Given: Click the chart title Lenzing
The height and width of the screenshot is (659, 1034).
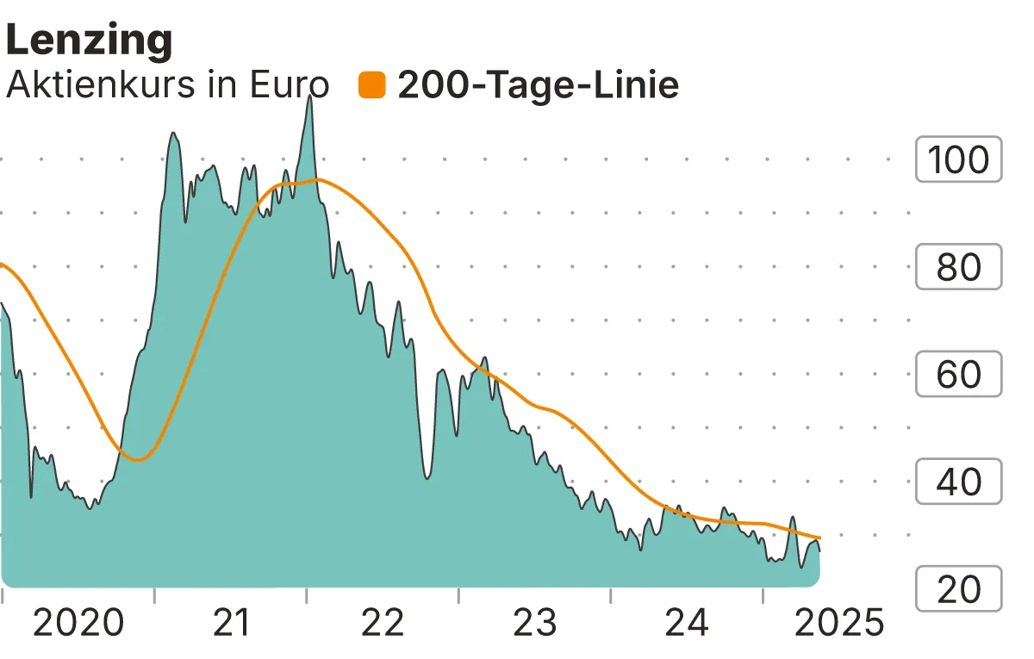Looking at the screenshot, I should point(90,40).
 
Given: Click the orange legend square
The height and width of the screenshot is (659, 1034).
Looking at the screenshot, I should point(372,85).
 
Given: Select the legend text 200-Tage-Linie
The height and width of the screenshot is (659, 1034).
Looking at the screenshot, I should point(538,85).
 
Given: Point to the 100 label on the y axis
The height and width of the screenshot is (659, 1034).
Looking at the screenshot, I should point(958,159).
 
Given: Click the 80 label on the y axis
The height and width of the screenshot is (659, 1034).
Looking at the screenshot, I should point(958,267).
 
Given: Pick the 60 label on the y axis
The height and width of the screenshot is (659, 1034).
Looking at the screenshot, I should point(958,375).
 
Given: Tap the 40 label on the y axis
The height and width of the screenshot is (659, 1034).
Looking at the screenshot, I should point(958,482).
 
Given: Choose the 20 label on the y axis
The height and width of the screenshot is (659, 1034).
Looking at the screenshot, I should point(958,589).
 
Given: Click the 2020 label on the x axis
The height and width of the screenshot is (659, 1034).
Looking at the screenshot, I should point(78,622).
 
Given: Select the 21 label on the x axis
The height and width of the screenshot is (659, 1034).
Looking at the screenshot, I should point(230,622).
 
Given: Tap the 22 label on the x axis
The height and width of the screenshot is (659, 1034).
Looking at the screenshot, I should point(383,622).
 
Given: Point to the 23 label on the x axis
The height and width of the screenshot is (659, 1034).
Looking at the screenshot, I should point(535,622).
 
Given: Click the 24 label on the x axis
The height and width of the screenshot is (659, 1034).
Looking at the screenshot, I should point(687,622).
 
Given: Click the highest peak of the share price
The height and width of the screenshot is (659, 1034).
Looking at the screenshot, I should point(310,96).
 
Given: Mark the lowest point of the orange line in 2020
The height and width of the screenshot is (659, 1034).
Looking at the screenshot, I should point(138,460).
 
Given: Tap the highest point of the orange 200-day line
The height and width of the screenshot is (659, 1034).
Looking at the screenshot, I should point(317,179).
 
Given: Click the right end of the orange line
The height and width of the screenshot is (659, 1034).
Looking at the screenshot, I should point(819,538).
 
